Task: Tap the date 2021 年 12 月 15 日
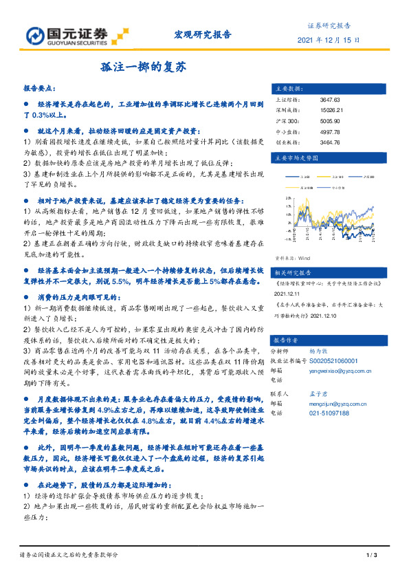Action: [x=329, y=41]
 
